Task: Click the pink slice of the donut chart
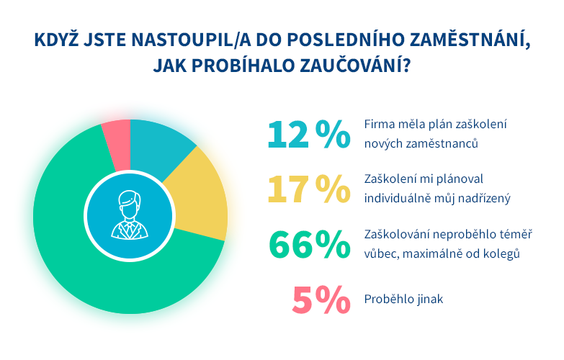117,145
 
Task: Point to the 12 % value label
308,135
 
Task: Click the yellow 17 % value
308,189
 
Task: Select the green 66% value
309,245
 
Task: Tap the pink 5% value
321,300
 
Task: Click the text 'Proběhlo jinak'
403,299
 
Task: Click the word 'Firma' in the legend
376,124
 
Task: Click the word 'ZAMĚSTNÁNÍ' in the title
470,40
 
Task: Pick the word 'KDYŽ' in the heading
56,40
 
